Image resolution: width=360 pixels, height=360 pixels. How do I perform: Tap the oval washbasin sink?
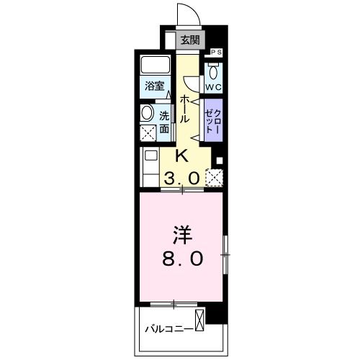pyautogui.click(x=147, y=113)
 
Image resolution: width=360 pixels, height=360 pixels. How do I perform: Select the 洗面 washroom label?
pyautogui.click(x=164, y=122)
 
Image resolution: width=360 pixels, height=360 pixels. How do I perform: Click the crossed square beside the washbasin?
pyautogui.click(x=148, y=132)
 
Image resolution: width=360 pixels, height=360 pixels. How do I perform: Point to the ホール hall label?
pyautogui.click(x=185, y=108)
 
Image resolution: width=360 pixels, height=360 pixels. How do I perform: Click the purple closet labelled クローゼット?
pyautogui.click(x=213, y=120)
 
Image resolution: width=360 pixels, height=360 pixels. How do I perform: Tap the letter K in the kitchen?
pyautogui.click(x=182, y=156)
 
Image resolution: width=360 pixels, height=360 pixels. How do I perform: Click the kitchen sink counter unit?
pyautogui.click(x=151, y=166)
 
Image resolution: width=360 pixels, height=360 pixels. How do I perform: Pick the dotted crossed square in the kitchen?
pyautogui.click(x=214, y=177)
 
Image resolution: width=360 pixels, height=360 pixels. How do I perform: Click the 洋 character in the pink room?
pyautogui.click(x=181, y=235)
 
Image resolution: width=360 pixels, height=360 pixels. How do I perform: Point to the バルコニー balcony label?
pyautogui.click(x=167, y=328)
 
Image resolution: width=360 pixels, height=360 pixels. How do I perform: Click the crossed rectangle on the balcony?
pyautogui.click(x=199, y=320)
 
